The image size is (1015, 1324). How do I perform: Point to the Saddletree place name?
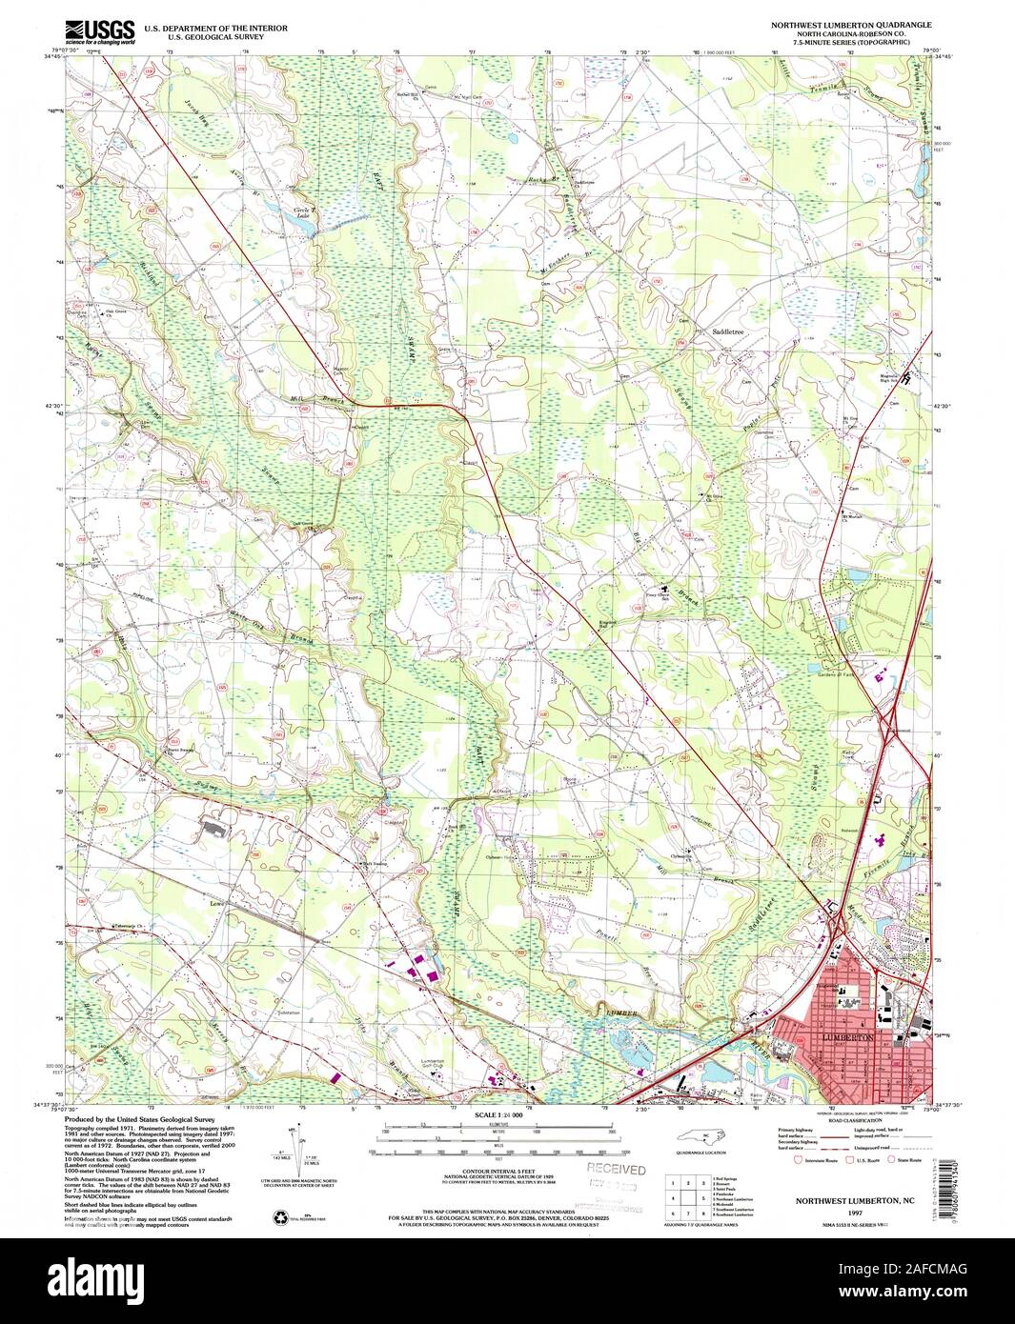726,332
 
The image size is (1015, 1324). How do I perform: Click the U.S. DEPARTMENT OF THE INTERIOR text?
215,29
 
